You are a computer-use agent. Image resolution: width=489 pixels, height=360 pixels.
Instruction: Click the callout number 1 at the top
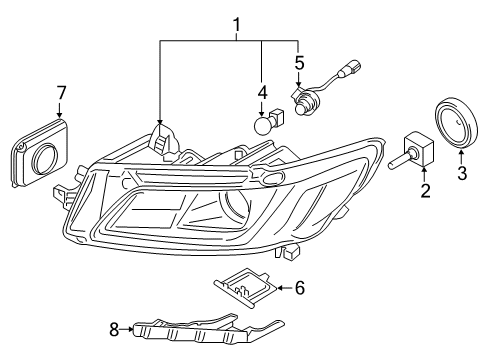click(x=236, y=22)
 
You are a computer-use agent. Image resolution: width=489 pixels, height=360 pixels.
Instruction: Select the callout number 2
click(x=424, y=190)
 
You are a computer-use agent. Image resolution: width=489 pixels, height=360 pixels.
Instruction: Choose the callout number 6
click(x=299, y=288)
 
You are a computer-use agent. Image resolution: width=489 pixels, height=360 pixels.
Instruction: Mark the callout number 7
click(x=61, y=94)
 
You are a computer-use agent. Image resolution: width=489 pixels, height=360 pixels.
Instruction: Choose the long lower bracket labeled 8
click(x=200, y=332)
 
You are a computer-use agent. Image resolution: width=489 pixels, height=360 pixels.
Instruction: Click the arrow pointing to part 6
click(x=279, y=288)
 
